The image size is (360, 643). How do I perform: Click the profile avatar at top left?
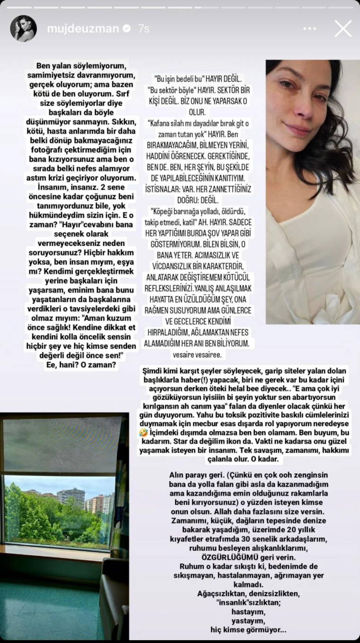pyautogui.click(x=23, y=28)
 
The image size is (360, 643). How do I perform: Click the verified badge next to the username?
pyautogui.click(x=127, y=28)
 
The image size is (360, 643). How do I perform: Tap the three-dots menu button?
pyautogui.click(x=309, y=28)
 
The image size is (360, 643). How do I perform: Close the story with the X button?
pyautogui.click(x=343, y=28)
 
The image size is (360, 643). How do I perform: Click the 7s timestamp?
pyautogui.click(x=144, y=28)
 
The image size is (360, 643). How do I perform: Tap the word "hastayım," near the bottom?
pyautogui.click(x=248, y=612)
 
